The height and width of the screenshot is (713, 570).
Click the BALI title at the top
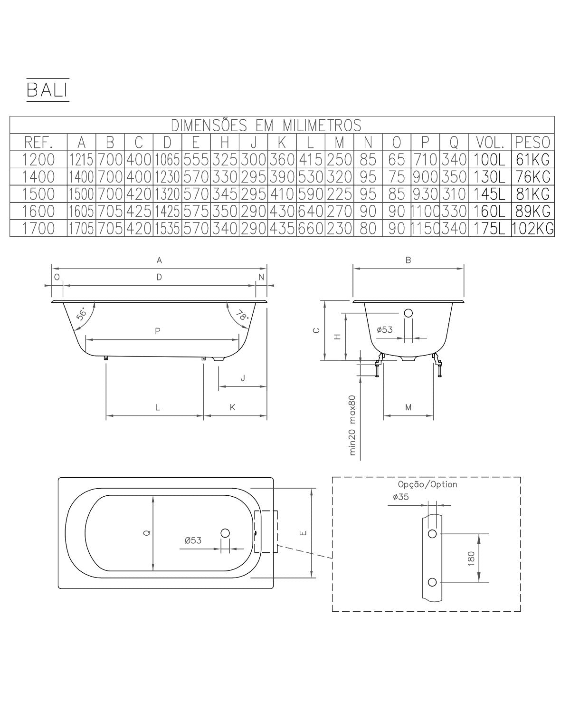pos(47,90)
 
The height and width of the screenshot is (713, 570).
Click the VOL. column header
pos(489,142)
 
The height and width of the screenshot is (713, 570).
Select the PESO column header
pos(532,142)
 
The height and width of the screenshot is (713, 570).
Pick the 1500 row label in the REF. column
pos(38,194)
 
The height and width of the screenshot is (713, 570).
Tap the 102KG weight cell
pos(532,229)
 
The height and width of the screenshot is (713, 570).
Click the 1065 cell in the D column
pos(167,159)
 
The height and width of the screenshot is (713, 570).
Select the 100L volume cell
pos(489,159)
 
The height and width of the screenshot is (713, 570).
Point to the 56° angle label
pos(82,315)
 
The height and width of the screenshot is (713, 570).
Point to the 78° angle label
pos(242,315)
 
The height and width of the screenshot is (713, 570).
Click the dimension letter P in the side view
pos(158,331)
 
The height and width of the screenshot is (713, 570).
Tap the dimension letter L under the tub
pos(158,407)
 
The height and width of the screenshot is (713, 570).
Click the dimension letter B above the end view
pos(408,260)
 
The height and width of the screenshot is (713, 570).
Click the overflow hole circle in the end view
pos(408,313)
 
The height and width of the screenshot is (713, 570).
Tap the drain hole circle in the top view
pos(225,533)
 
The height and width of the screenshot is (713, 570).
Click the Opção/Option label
pos(427,484)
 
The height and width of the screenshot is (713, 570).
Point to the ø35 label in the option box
pos(401,497)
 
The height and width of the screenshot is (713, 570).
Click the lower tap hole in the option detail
pos(432,582)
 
